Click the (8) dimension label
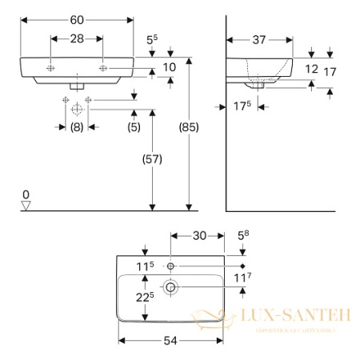pos(76,126)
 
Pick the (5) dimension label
pos(134,126)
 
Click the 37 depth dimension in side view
pos(258,40)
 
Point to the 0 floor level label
pos(26,194)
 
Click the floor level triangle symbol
pos(26,206)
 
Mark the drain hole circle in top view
pos(172,286)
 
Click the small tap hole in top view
pos(172,265)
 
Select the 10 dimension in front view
pos(170,69)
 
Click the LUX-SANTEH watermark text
pos(293,317)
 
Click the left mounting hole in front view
pos(50,69)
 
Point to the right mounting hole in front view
pos(102,69)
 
